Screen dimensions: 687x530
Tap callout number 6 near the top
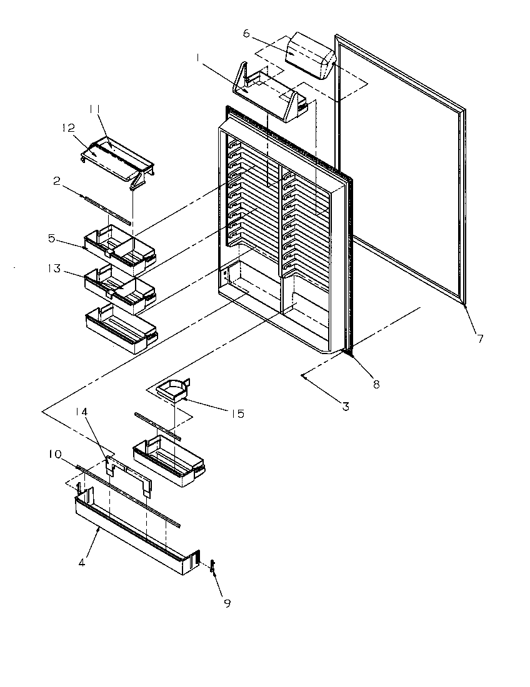coord(246,33)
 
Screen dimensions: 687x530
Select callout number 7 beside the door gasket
coord(479,339)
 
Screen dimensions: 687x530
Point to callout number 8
coord(376,385)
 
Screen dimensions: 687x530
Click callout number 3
coord(346,407)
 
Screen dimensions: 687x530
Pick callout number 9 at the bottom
coord(227,603)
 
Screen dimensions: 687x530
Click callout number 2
coord(56,181)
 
